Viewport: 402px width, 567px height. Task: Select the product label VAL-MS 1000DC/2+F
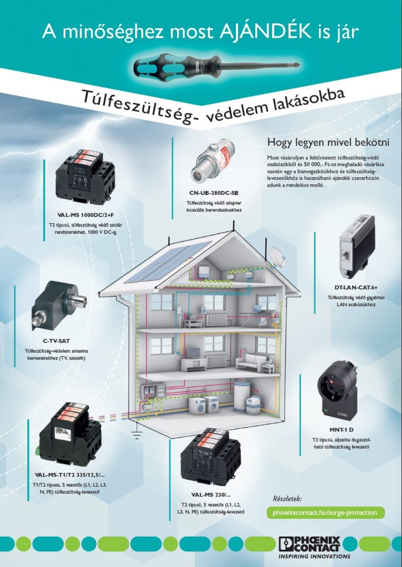pos(85,214)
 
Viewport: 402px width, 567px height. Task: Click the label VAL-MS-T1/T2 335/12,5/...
pos(69,475)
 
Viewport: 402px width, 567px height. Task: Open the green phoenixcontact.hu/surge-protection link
pos(324,512)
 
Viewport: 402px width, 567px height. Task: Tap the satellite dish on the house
pos(276,256)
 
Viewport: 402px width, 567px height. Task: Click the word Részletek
pos(287,498)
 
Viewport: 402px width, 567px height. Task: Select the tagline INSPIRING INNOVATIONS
pos(314,556)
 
